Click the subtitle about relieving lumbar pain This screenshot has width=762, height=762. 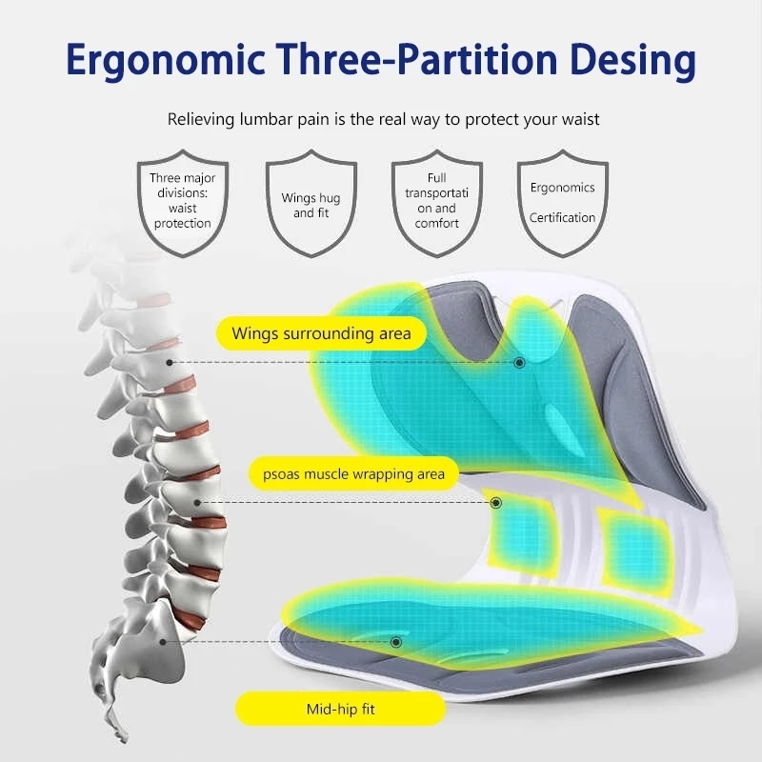(383, 119)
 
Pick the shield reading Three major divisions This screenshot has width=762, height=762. (182, 202)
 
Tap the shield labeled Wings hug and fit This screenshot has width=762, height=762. (311, 205)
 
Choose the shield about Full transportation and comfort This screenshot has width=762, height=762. (436, 202)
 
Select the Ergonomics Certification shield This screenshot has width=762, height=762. (562, 202)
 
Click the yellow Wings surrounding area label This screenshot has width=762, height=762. (321, 333)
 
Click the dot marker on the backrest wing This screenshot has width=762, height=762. (519, 363)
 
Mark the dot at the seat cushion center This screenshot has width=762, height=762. (396, 642)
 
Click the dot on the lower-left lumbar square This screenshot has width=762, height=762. (495, 503)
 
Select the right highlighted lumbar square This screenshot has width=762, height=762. (629, 547)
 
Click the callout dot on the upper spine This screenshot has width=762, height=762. (169, 363)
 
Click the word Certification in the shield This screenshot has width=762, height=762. (562, 217)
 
